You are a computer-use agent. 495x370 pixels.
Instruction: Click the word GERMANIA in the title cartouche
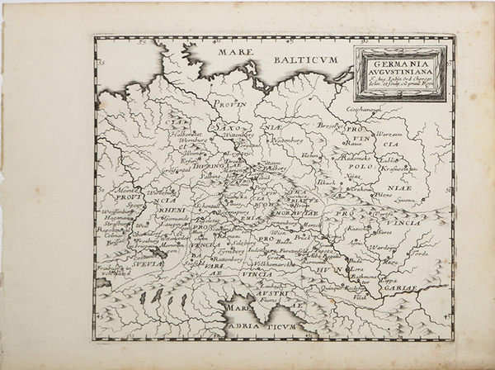click(x=400, y=61)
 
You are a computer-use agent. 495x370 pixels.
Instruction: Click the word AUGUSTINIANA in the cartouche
click(x=400, y=71)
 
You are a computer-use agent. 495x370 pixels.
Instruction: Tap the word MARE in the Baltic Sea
click(x=234, y=52)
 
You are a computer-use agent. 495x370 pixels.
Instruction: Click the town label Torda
click(x=419, y=253)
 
